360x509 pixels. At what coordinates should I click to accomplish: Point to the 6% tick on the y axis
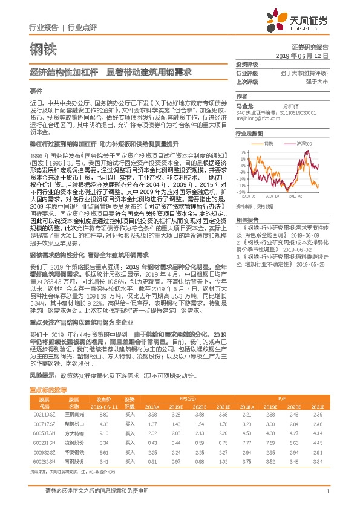tap(241, 152)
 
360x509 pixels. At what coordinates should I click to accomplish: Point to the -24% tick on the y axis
tap(241, 185)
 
